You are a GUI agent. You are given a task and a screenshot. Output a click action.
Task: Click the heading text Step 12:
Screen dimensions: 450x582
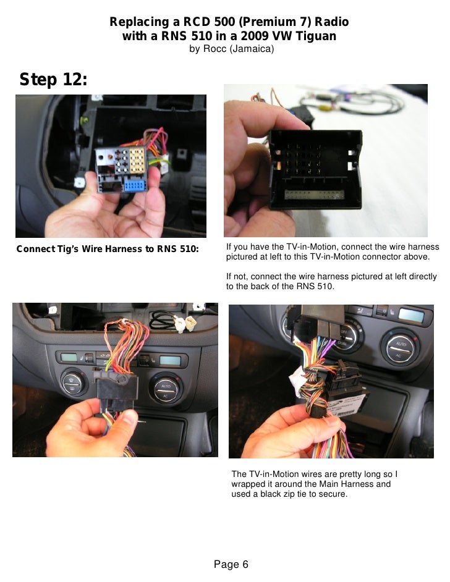pos(53,79)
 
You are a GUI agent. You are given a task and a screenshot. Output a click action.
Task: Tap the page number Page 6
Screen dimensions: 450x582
pos(231,564)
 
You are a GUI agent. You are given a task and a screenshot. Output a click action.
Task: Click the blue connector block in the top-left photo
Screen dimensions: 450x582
pos(134,185)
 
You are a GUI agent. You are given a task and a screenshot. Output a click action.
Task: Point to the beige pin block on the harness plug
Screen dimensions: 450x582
pos(137,161)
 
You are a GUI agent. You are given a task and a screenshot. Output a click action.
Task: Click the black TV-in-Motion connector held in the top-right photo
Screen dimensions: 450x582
pos(315,169)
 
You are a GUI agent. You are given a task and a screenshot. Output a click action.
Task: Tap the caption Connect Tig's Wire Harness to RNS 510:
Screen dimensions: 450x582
pos(108,249)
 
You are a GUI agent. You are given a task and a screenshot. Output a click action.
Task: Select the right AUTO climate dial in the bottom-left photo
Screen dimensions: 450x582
pos(166,388)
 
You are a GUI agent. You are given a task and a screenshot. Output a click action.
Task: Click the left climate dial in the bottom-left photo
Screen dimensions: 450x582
pos(73,384)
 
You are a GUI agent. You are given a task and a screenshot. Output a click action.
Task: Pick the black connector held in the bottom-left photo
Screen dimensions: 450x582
pos(117,390)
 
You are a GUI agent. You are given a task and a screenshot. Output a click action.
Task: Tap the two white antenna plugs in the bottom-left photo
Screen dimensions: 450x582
pos(185,324)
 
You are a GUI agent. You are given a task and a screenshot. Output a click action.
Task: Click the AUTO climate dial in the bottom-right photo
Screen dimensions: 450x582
pos(401,348)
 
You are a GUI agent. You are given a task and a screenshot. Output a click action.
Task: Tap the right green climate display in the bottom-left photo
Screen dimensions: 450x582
pos(170,360)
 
